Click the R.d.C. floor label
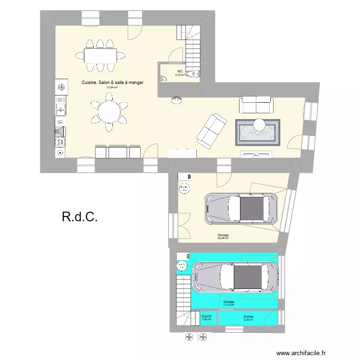pyautogui.click(x=80, y=217)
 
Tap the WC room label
pyautogui.click(x=180, y=71)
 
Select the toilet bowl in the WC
pyautogui.click(x=193, y=73)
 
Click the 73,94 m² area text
pyautogui.click(x=112, y=88)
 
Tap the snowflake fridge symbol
pyautogui.click(x=61, y=87)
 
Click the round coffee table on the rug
pyautogui.click(x=260, y=124)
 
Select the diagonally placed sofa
pyautogui.click(x=212, y=130)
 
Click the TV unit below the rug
pyautogui.click(x=256, y=154)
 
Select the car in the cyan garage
pyautogui.click(x=235, y=277)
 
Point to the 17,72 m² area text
pyautogui.click(x=228, y=303)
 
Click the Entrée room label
pyautogui.click(x=248, y=317)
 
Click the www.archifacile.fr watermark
pyautogui.click(x=312, y=352)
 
